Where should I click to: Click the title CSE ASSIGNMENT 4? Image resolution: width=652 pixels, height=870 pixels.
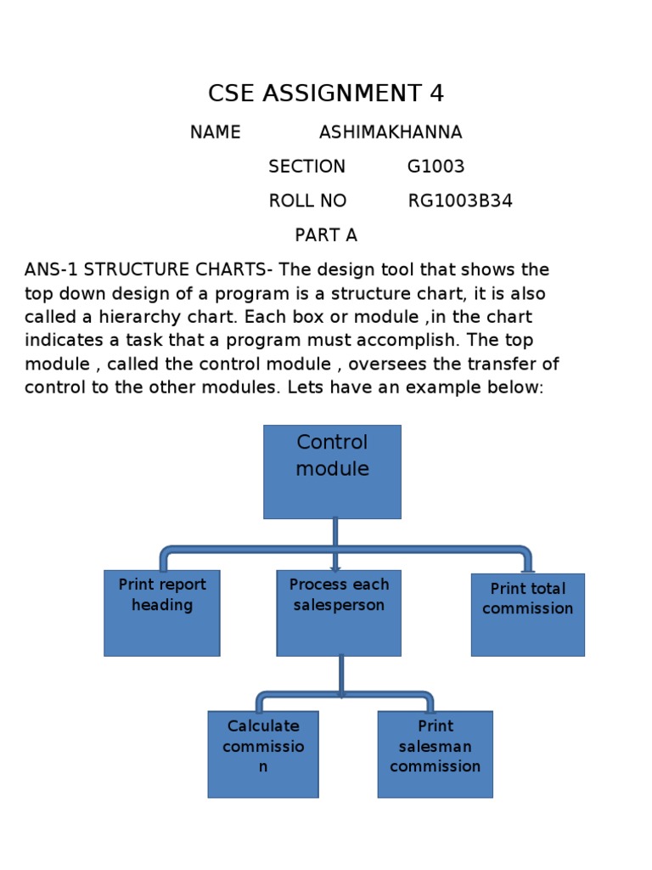pos(326,93)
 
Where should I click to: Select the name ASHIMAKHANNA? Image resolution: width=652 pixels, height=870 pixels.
pos(391,133)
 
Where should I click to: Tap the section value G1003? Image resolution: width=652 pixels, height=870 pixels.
pos(436,167)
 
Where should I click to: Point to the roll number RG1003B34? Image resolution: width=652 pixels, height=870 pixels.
pos(460,201)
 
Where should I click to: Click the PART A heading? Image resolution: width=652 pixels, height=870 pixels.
pos(326,235)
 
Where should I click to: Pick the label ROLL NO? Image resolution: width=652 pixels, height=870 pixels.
pos(307,201)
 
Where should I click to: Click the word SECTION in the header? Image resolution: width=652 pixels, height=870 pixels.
pos(306,167)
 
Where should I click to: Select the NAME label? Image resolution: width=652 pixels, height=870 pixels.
pos(215,133)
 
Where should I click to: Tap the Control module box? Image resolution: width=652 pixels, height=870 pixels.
pos(332,472)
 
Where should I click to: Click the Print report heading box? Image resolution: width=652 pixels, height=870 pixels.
pos(162,613)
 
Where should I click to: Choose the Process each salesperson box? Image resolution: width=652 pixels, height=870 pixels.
pos(339,613)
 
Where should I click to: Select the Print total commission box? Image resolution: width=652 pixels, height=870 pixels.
pos(527,614)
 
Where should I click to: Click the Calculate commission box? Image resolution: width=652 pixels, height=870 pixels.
pos(263,754)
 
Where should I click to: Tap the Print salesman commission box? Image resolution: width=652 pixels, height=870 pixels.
pos(435,754)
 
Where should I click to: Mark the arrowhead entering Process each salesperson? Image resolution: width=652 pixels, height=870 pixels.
pos(335,569)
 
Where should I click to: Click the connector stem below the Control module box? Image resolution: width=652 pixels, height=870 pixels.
pos(335,533)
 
